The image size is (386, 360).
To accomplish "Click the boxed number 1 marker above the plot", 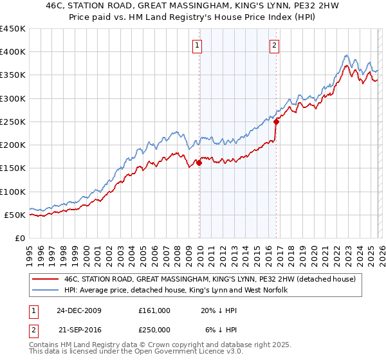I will click(x=196, y=45).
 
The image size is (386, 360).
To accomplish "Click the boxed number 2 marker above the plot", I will click(x=274, y=45).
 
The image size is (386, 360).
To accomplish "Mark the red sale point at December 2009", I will click(x=199, y=163).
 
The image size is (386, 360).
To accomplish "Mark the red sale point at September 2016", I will click(x=276, y=122).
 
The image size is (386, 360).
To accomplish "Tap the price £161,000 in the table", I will click(x=154, y=310).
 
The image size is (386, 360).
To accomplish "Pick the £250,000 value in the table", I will click(x=154, y=330).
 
